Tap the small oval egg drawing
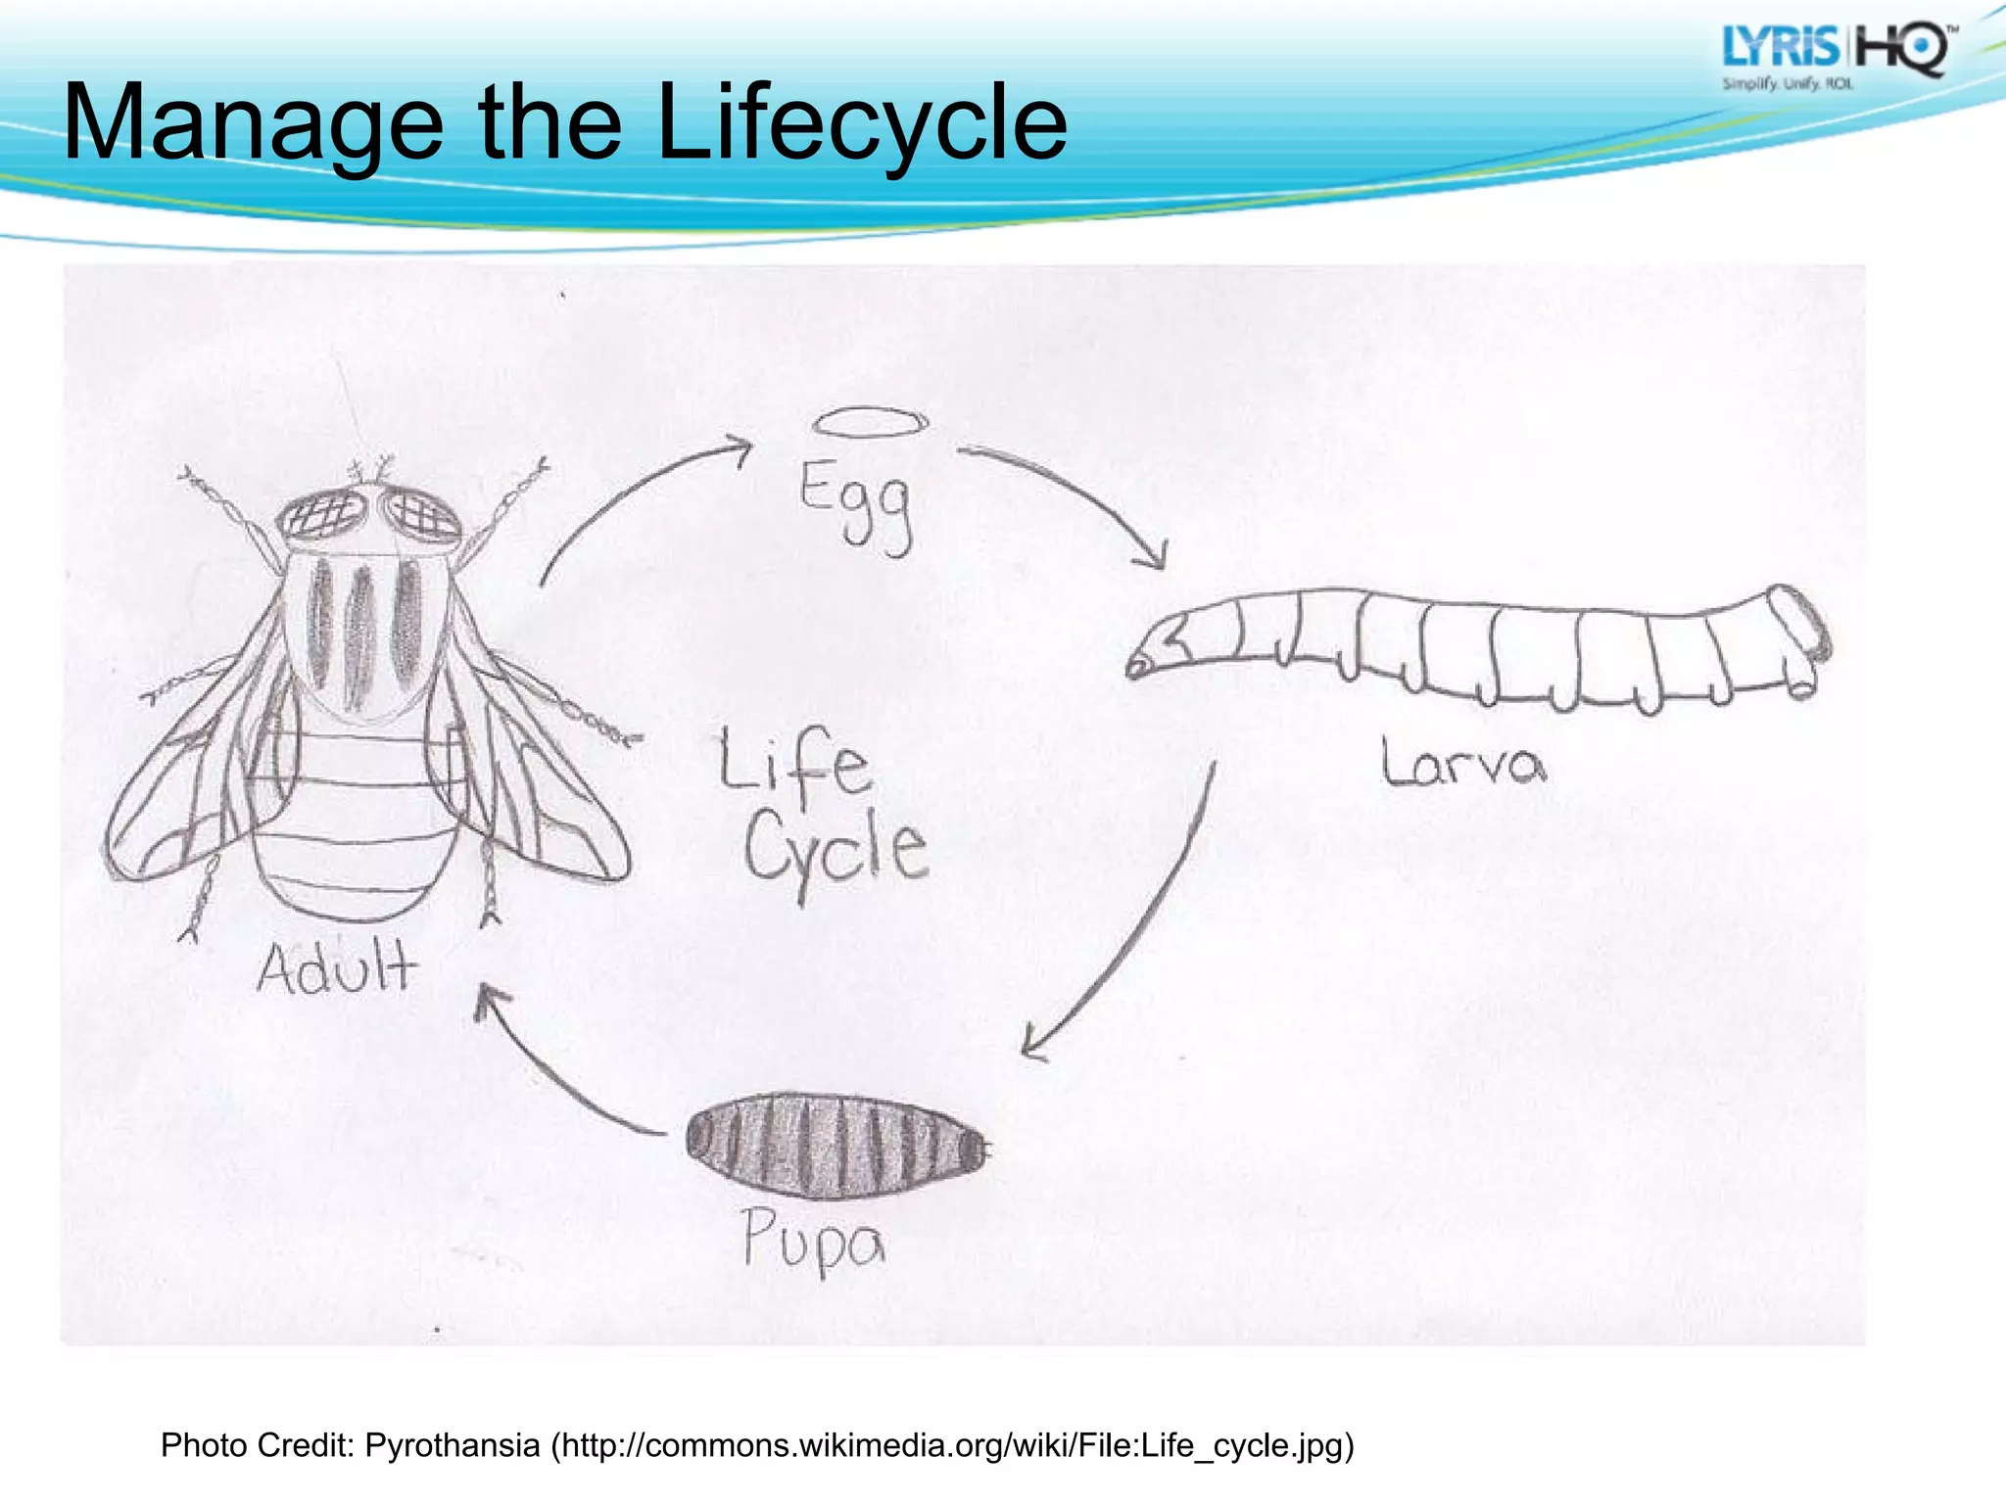click(870, 422)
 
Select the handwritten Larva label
click(1463, 764)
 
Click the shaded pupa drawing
click(837, 1146)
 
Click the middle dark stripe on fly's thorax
click(359, 636)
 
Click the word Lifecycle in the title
click(862, 122)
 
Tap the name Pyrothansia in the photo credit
click(453, 1444)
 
